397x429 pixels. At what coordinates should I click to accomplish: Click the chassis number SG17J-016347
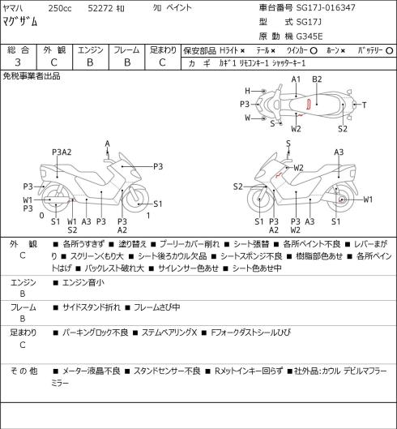point(326,7)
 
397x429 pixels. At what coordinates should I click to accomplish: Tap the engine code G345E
point(309,36)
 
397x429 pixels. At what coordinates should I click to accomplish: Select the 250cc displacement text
point(60,8)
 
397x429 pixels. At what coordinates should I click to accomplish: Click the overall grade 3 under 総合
point(18,62)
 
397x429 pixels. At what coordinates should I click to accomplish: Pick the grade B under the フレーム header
point(127,62)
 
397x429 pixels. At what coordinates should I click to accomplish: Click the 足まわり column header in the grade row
point(163,50)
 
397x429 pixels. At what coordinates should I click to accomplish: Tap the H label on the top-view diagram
point(247,91)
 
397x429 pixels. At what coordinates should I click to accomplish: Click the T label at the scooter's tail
point(364,105)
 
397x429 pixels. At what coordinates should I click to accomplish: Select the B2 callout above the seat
point(317,79)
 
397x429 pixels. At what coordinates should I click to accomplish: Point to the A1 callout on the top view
point(296,79)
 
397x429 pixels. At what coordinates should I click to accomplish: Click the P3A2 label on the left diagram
point(62,152)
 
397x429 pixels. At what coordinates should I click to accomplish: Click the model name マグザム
point(19,22)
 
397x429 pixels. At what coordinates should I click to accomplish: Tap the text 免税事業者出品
point(32,76)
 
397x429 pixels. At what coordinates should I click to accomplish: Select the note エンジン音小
point(83,282)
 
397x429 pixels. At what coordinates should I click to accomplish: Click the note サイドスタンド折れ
point(92,307)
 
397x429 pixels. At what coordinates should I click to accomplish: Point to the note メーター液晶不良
point(92,371)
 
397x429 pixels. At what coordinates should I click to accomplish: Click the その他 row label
point(23,371)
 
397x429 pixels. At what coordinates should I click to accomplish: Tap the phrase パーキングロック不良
point(95,332)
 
